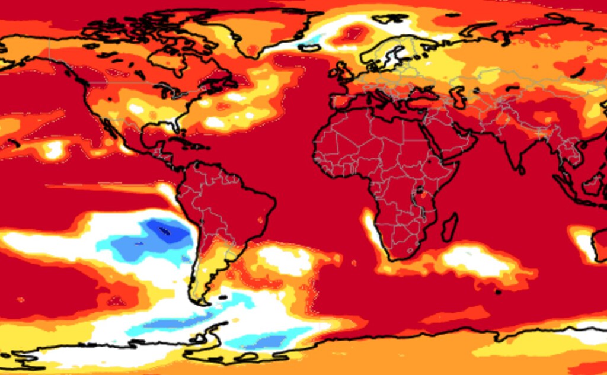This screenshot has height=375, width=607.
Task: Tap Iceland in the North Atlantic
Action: point(309,47)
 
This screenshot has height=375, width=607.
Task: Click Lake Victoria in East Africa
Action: point(421,191)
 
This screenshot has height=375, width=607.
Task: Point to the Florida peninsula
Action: point(174,126)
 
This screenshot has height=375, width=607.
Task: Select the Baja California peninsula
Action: point(110,130)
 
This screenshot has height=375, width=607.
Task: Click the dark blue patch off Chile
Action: point(166,229)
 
